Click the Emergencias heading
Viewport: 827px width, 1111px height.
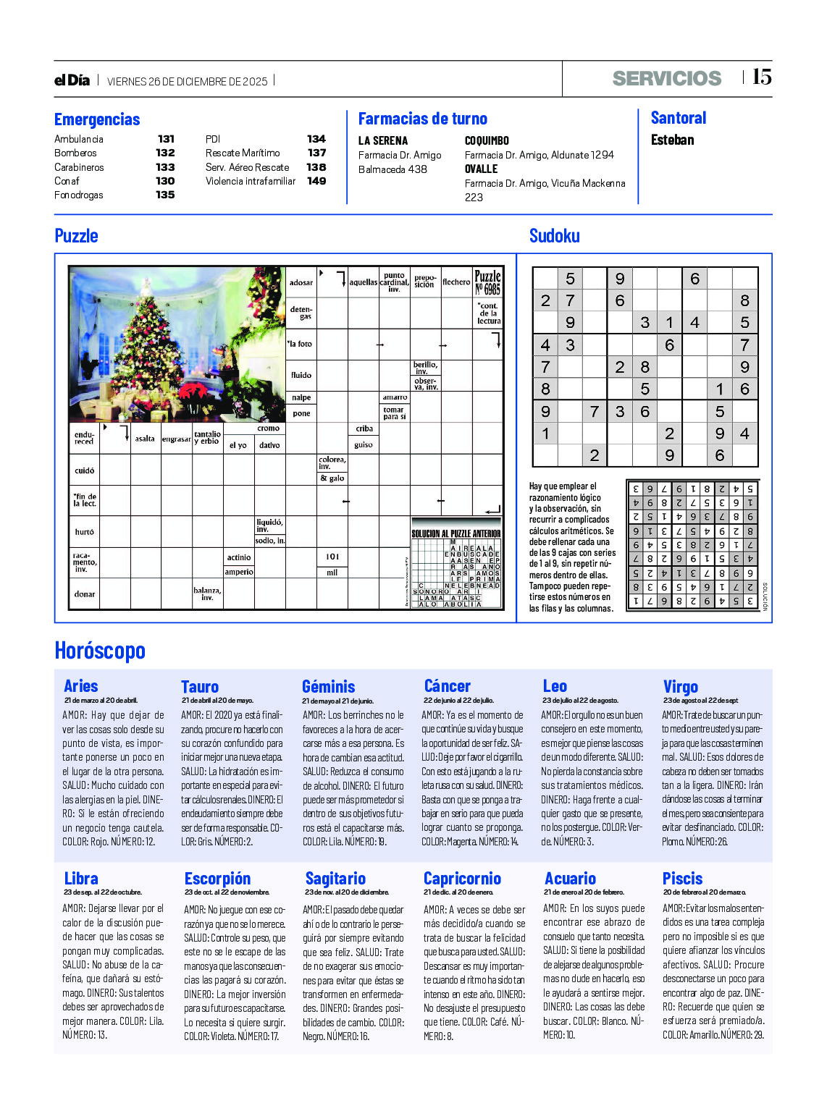click(x=97, y=119)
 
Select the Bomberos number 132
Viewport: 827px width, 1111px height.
click(x=165, y=153)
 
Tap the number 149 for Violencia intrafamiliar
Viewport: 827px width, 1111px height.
click(x=316, y=181)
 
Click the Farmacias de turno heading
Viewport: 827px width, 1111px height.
click(x=423, y=119)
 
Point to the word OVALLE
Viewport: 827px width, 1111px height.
click(x=481, y=169)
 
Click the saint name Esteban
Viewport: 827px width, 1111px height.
click(x=672, y=140)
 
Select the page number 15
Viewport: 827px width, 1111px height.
click(x=761, y=77)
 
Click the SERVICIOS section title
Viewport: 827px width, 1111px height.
click(x=666, y=78)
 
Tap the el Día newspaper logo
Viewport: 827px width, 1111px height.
click(x=72, y=80)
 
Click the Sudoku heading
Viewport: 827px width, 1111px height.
click(x=554, y=236)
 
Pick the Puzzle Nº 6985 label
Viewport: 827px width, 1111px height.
click(x=487, y=282)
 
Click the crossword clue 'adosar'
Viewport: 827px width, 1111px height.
click(x=301, y=283)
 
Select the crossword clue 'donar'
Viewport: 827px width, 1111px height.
click(x=85, y=594)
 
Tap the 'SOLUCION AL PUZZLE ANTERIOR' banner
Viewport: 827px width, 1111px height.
click(x=456, y=533)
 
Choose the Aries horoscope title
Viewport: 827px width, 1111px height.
click(x=80, y=686)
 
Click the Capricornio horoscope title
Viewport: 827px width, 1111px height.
click(x=462, y=879)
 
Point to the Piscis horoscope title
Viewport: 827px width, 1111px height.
click(x=682, y=879)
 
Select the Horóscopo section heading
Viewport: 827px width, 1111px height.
click(x=100, y=651)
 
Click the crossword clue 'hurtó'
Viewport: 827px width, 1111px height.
click(x=84, y=532)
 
